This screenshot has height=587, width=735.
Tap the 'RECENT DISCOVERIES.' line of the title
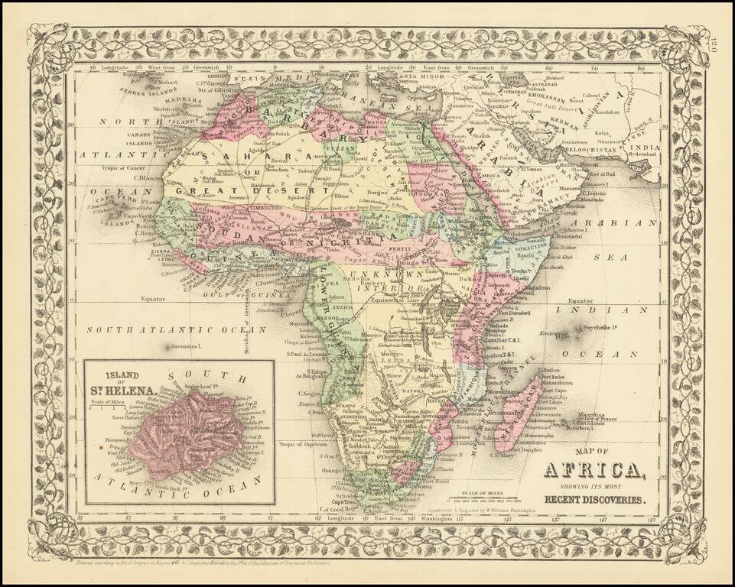coord(594,501)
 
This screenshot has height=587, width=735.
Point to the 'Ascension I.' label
coord(184,346)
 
